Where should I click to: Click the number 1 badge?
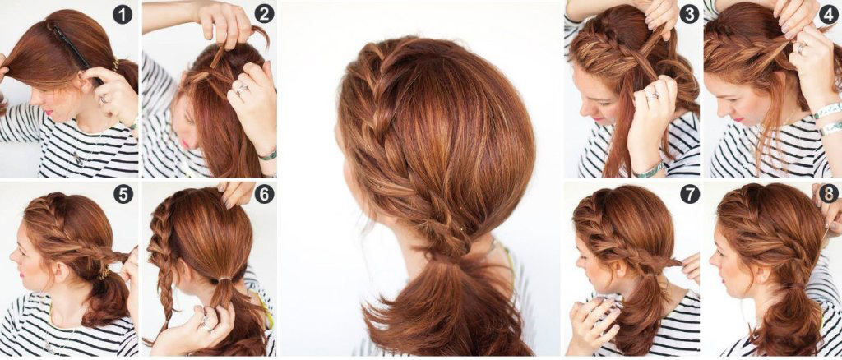point(123,14)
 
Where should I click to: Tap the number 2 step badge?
point(264,14)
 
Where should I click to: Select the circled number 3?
point(689,14)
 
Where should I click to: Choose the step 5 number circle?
point(123,194)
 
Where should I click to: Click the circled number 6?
point(264,194)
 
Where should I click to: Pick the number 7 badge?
point(690,194)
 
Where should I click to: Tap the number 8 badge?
point(829,194)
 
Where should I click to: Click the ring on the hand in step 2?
point(243,89)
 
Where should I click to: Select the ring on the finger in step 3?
point(652,96)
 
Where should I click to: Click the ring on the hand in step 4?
point(801,48)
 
